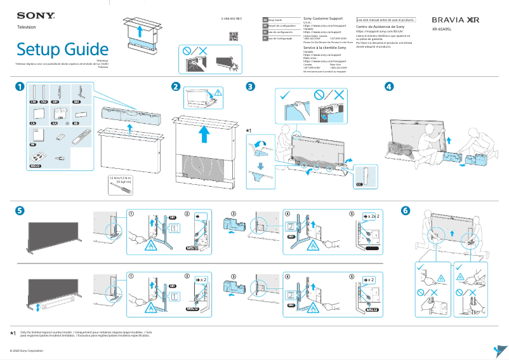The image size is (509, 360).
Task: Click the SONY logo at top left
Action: click(30, 15)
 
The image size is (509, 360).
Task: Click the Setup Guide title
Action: click(62, 49)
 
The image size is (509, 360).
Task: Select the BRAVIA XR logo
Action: click(455, 20)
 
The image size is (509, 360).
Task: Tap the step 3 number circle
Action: click(251, 86)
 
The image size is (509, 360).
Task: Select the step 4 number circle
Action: click(388, 86)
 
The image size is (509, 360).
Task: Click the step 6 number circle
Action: click(406, 210)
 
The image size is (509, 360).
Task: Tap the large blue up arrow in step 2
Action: click(203, 135)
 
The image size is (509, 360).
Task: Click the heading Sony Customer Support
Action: click(324, 20)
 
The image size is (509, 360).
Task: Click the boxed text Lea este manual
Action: click(385, 20)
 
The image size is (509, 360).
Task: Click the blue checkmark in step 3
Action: click(284, 95)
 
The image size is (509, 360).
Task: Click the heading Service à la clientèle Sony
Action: click(324, 48)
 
